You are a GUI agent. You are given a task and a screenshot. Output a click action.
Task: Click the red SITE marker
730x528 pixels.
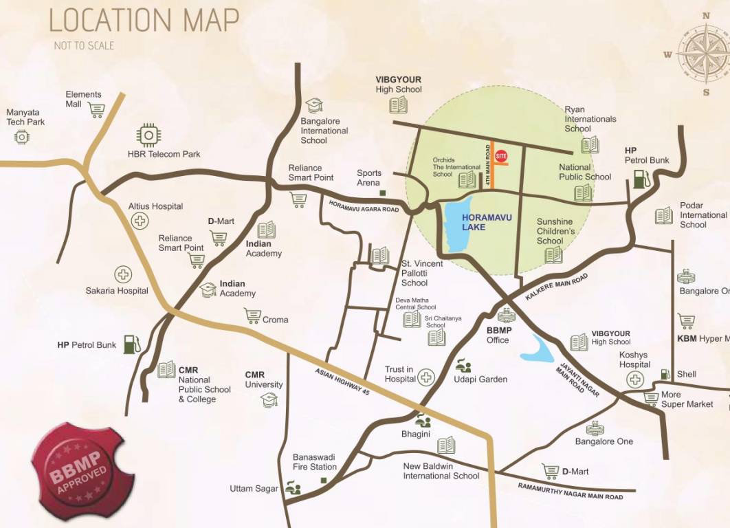coord(502,156)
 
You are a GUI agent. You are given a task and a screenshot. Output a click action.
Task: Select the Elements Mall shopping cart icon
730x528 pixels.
coord(96,110)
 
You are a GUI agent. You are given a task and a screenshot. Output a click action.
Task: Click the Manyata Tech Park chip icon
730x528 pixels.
coord(22,137)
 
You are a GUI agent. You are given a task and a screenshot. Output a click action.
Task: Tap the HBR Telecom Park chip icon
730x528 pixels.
coord(148,135)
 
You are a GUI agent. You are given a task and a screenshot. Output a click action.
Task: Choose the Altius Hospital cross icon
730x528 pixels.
coord(140,221)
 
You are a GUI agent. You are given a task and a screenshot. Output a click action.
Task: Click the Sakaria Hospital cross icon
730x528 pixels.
coord(123,275)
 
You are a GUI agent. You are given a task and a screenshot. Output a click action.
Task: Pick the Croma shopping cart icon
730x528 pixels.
coord(252,316)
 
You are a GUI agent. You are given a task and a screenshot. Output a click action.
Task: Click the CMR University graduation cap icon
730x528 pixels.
coord(269,399)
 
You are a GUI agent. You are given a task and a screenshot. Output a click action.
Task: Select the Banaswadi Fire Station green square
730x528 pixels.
coord(332,479)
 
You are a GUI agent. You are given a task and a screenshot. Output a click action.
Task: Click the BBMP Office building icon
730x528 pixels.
coord(506,316)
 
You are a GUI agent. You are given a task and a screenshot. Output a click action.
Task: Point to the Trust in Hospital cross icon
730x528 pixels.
coord(427,377)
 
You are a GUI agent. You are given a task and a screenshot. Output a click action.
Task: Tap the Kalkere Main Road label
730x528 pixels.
coord(557,287)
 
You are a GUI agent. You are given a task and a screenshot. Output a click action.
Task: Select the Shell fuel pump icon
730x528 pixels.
coord(665,374)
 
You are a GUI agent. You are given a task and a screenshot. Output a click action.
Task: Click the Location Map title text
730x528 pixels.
coord(144,21)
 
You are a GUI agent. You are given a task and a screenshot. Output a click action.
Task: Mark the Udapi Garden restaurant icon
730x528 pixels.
coord(464,366)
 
